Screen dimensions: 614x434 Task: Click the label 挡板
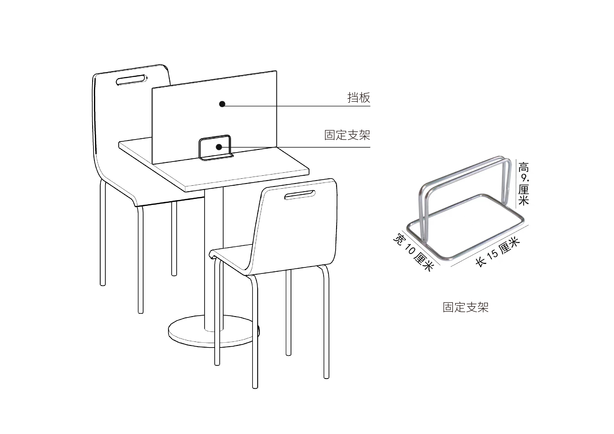(359, 98)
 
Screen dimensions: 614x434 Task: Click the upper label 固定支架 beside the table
(347, 135)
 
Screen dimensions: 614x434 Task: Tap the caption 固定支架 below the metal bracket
(466, 307)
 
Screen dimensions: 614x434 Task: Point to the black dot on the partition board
(222, 104)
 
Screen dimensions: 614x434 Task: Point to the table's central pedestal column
(213, 254)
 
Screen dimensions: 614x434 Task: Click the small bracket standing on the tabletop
(215, 148)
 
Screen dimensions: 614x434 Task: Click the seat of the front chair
(233, 254)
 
